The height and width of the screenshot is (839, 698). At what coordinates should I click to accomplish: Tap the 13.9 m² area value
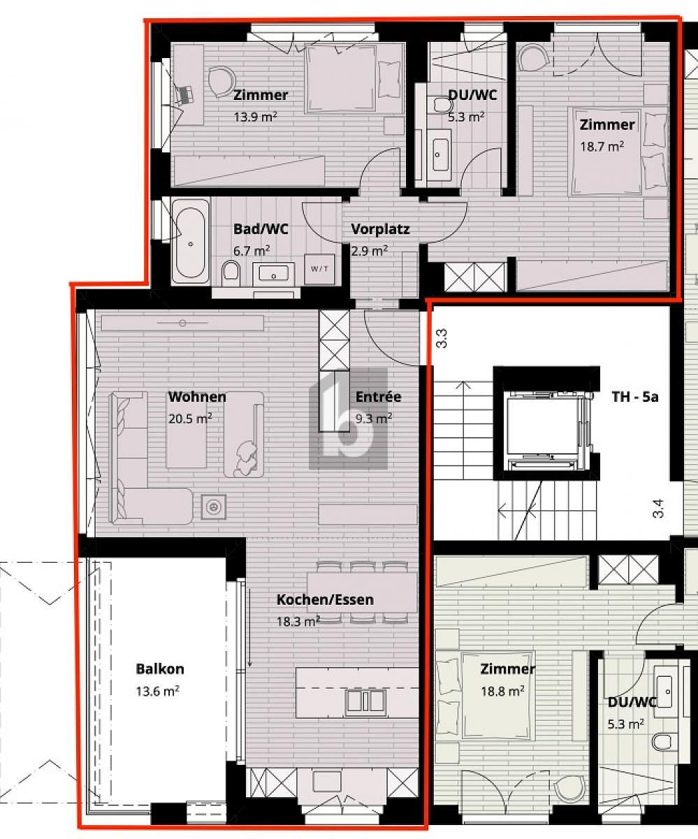[256, 117]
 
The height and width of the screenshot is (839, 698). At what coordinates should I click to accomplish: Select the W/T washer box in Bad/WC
[319, 269]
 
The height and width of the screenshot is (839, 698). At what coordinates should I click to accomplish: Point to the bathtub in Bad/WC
[191, 241]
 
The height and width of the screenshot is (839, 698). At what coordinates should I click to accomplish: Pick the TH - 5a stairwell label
[635, 397]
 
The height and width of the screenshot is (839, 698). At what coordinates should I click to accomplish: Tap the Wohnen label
[197, 396]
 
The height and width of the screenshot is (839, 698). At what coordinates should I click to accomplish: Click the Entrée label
[378, 396]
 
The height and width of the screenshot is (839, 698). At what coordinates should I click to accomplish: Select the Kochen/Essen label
[325, 599]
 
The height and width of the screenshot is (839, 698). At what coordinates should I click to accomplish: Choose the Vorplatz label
[380, 229]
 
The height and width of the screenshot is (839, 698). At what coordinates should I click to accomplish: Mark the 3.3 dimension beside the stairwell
[442, 338]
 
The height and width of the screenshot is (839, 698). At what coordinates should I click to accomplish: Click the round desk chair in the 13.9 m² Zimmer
[221, 81]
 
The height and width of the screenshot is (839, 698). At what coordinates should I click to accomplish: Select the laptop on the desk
[184, 95]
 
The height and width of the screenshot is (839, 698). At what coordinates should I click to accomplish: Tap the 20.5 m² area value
[190, 419]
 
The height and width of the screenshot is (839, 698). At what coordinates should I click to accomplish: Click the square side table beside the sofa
[213, 507]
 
